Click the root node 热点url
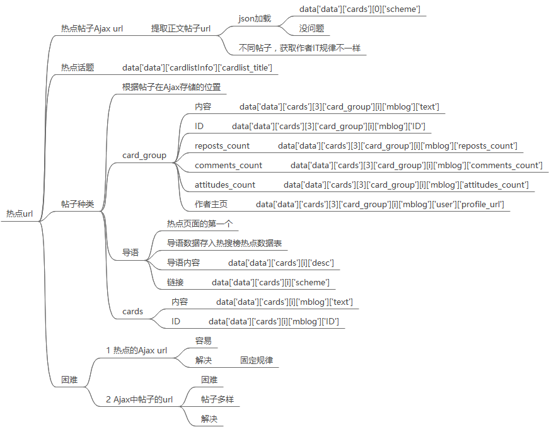click(x=19, y=214)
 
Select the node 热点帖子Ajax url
click(x=91, y=29)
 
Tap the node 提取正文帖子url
click(x=180, y=29)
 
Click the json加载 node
click(x=255, y=18)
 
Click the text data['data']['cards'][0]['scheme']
click(x=360, y=9)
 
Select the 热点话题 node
click(x=78, y=67)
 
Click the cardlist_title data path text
click(x=197, y=67)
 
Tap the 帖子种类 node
click(x=77, y=204)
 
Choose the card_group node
click(x=144, y=155)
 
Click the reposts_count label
click(x=222, y=145)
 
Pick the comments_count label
click(x=228, y=165)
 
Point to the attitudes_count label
click(x=225, y=185)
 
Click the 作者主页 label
click(x=211, y=204)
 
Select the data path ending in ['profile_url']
click(x=379, y=204)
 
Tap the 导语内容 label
click(x=183, y=263)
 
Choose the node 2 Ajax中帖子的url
click(x=139, y=399)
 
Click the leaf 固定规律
click(x=257, y=360)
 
